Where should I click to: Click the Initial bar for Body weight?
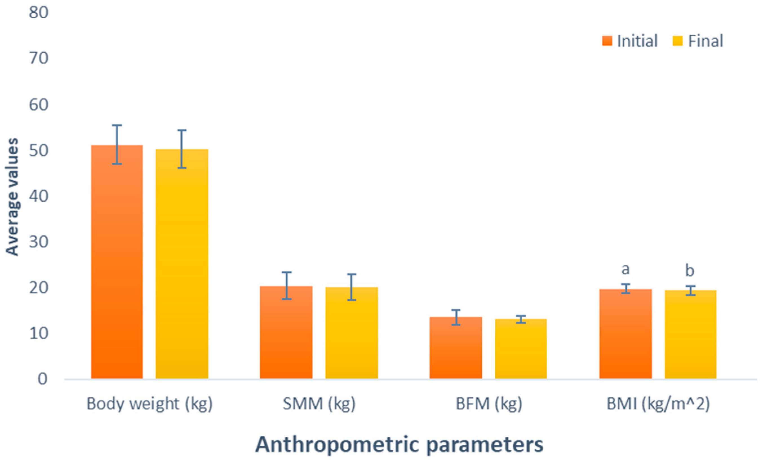coord(117,262)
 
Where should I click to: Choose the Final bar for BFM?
coord(521,349)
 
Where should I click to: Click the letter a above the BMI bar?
coord(625,269)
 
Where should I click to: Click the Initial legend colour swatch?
coord(607,41)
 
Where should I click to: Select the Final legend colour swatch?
coord(677,41)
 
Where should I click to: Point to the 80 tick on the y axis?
coord(39,13)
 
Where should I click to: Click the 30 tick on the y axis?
coord(39,242)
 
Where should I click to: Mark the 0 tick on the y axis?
coord(43,379)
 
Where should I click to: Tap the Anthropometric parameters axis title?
coord(399,445)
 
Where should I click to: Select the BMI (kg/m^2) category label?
coord(658,404)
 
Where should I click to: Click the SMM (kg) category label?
coord(319,404)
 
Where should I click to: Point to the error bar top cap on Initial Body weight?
coord(117,125)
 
